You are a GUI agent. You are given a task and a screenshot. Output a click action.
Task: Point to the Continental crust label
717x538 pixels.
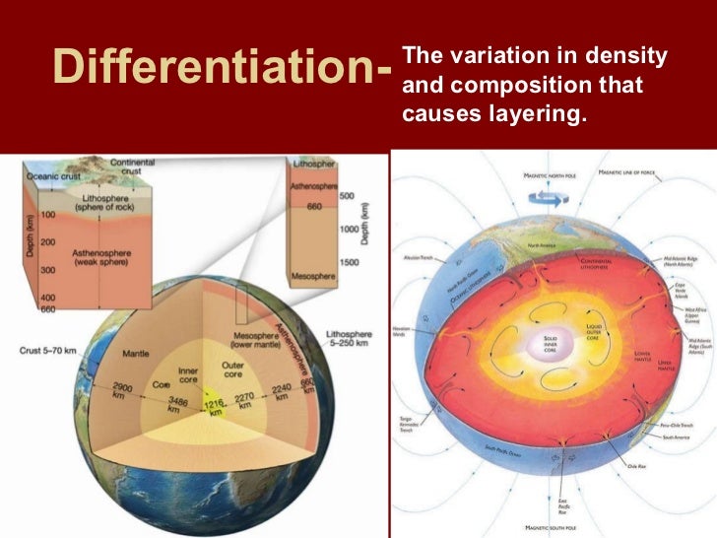pos(131,167)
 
